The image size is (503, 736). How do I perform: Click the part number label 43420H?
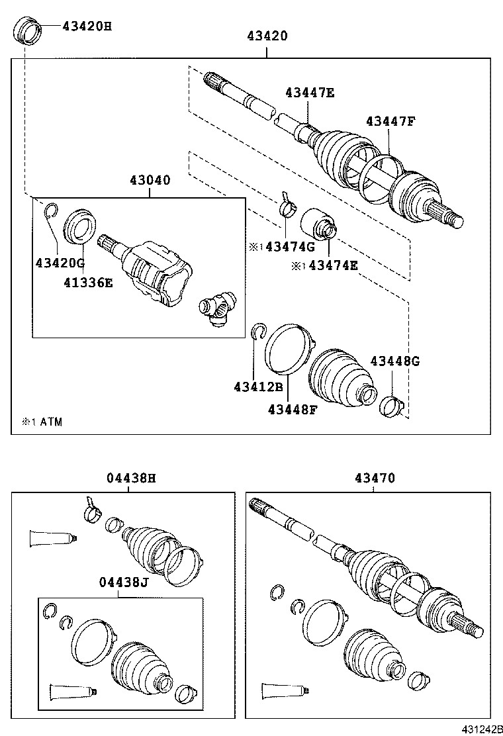[x=87, y=26]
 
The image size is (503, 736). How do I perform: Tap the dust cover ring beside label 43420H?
[x=28, y=32]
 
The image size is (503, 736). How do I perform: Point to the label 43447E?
[x=310, y=93]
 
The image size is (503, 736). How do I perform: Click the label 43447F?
[x=391, y=122]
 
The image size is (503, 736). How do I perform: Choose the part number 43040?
[x=150, y=180]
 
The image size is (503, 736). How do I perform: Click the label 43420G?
[x=60, y=263]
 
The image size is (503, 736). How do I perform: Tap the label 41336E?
[x=89, y=283]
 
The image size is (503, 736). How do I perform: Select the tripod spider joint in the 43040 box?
[x=218, y=308]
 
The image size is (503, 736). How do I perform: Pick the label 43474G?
[x=290, y=246]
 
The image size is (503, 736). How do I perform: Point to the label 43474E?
[x=333, y=265]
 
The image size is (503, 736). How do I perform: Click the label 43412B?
[x=259, y=387]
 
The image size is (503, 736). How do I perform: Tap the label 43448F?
[x=293, y=410]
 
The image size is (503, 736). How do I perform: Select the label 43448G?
[x=395, y=361]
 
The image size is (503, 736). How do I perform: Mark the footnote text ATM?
[x=51, y=422]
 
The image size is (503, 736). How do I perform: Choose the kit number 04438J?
[x=124, y=582]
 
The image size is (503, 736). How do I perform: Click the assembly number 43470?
[x=375, y=478]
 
